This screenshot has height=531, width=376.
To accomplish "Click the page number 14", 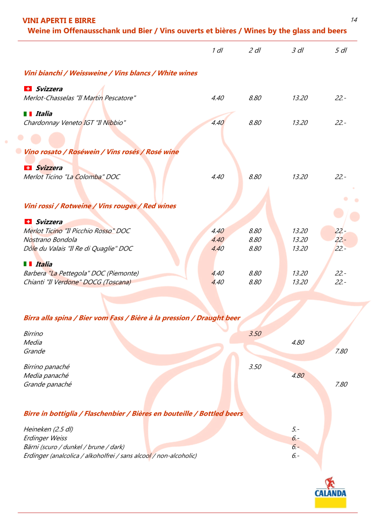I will (354, 20).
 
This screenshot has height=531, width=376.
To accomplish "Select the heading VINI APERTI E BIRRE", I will (59, 21).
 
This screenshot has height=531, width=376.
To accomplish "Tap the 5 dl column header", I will (340, 51).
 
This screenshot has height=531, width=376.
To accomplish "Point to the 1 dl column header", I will (217, 51).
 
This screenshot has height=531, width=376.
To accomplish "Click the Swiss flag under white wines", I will (28, 89).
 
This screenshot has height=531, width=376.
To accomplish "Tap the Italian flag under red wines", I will (28, 264).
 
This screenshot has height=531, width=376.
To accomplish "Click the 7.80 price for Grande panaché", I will (341, 384).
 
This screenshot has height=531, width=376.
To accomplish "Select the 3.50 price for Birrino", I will (255, 334).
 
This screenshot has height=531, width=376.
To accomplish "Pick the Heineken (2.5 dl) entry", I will (48, 429).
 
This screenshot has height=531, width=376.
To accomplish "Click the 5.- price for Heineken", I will (295, 429).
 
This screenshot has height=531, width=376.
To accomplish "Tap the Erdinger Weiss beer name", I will (45, 438).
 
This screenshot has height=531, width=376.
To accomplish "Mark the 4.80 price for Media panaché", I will (298, 375).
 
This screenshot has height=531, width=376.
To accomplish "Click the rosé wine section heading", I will (101, 152).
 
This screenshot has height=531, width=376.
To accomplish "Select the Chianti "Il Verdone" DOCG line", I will (77, 282).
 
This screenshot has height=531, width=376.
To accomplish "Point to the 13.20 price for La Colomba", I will (300, 177).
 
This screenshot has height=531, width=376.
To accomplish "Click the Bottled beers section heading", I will (133, 414).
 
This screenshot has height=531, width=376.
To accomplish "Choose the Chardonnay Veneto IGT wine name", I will (75, 123).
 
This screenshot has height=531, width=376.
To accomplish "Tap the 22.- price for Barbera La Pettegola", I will (340, 273).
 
